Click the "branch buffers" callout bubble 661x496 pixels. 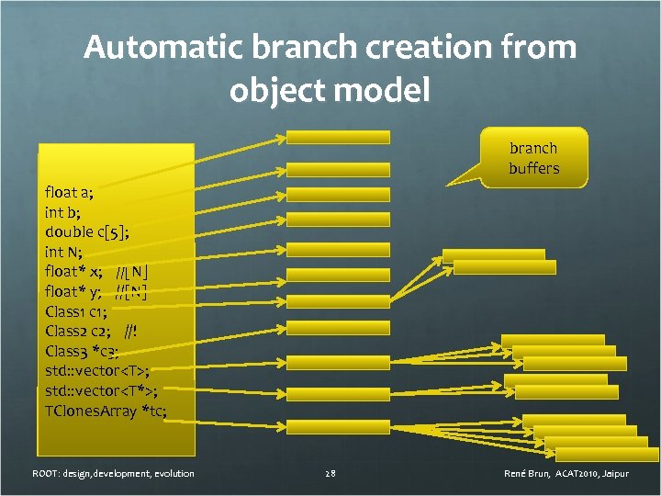point(533,158)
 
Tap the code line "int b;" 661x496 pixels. point(63,212)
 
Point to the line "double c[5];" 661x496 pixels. point(86,231)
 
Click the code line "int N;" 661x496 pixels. point(63,252)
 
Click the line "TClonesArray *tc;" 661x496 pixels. point(106,410)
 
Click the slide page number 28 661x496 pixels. point(330,473)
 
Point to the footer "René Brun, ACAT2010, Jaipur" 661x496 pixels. point(566,473)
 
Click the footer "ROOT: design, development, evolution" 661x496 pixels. point(113,473)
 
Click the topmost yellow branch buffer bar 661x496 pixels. point(338,137)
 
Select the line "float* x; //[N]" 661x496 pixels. point(96,271)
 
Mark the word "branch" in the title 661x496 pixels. point(299,48)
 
